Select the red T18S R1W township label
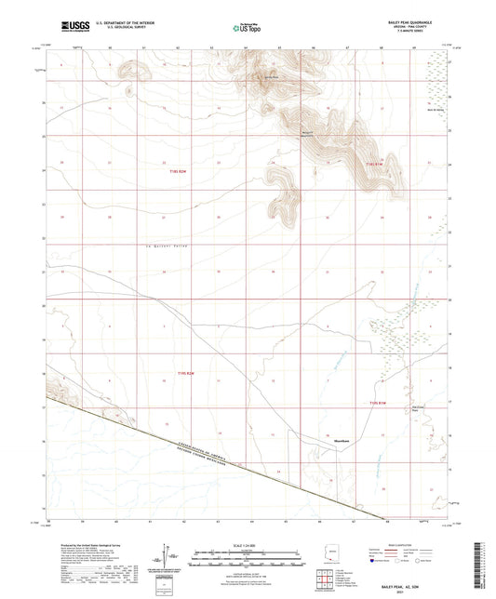(375, 164)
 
